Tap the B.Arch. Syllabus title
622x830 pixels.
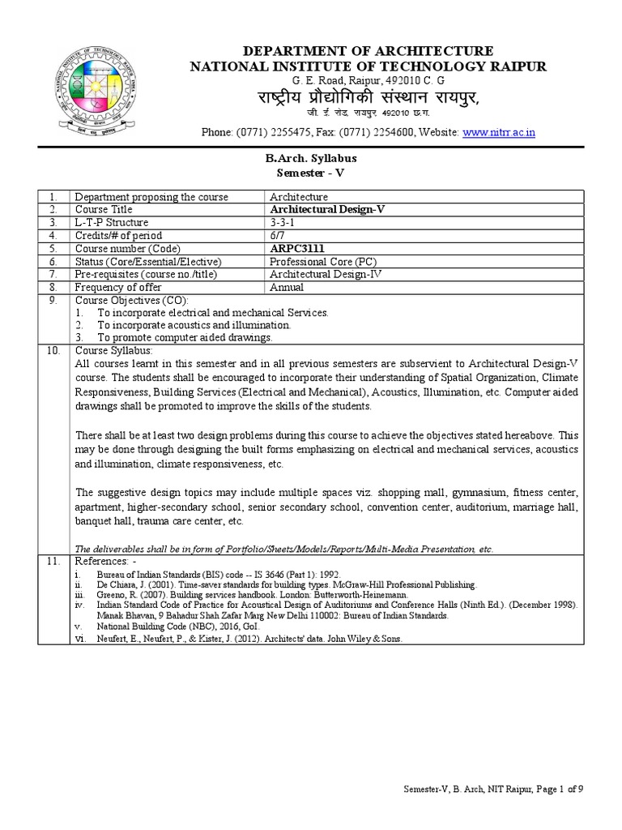tap(311, 158)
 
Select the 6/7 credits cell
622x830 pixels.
tap(277, 235)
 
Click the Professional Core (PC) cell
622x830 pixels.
tap(323, 261)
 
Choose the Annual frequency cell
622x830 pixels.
tap(287, 287)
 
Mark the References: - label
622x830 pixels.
tap(105, 561)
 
